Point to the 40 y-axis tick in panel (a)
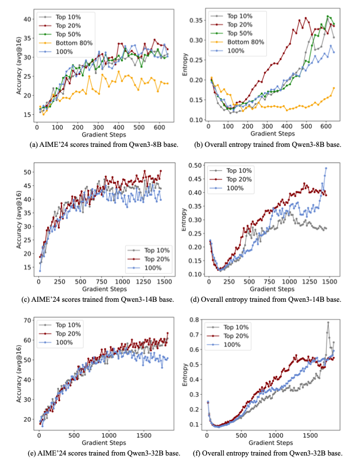pyautogui.click(x=27, y=20)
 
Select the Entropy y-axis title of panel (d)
pyautogui.click(x=185, y=220)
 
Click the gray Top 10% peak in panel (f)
pyautogui.click(x=328, y=322)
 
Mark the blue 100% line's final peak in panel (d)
pyautogui.click(x=326, y=168)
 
